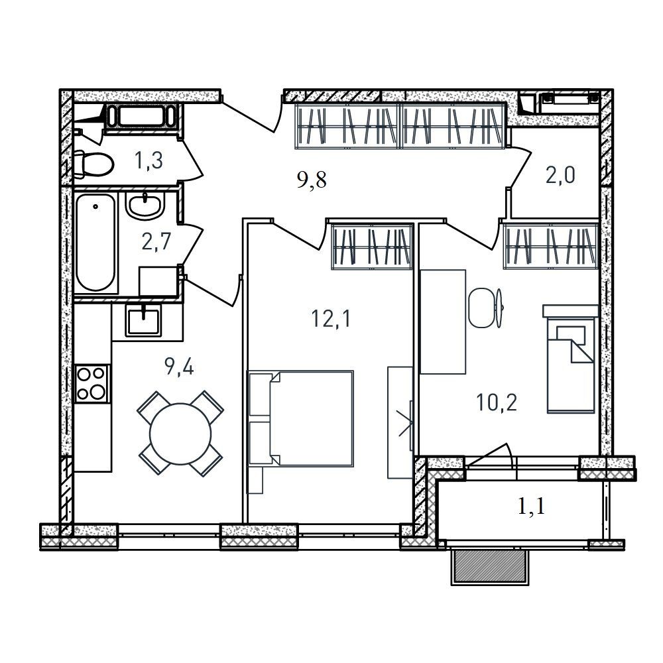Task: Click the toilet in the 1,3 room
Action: coord(93,164)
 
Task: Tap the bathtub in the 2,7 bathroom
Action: coord(96,242)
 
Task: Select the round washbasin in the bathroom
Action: coord(144,206)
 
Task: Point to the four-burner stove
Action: coord(92,383)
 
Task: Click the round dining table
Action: coord(180,434)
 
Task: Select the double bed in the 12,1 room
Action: coord(301,418)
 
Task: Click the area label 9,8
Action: coord(312,180)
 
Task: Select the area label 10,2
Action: coord(497,402)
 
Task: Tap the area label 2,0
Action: coord(560,174)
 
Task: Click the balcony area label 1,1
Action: coord(532,506)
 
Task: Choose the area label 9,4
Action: coord(179,367)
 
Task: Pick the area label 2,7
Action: coord(156,242)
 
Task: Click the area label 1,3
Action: coord(149,160)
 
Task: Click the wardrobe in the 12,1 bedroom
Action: coord(372,247)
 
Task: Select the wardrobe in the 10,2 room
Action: coord(550,247)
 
